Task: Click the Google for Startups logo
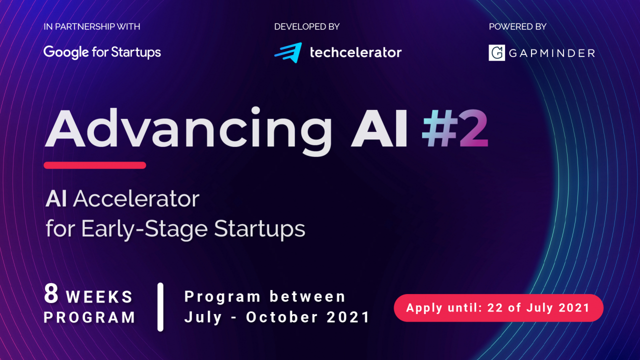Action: pos(102,52)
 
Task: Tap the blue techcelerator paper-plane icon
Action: pos(288,52)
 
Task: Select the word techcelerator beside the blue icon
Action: pos(355,52)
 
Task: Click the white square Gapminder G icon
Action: pos(496,52)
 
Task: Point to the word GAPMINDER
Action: pos(551,53)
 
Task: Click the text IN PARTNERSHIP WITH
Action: pos(92,26)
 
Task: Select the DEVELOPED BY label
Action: pos(306,26)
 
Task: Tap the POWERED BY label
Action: pos(517,26)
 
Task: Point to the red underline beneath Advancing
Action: pos(94,165)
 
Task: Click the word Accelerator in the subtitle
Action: pos(136,199)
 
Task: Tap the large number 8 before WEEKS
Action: pos(51,294)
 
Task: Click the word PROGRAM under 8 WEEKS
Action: pos(89,317)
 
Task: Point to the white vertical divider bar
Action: pos(160,306)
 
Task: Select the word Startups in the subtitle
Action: pos(259,229)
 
